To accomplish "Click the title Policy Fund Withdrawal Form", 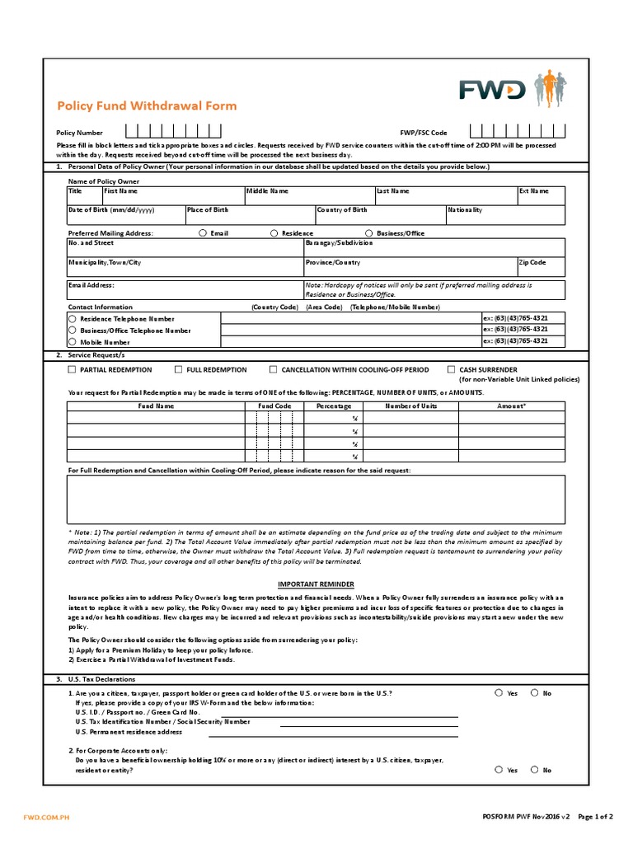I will tap(146, 105).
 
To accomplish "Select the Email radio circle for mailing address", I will tap(203, 233).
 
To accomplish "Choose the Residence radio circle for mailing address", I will tap(274, 233).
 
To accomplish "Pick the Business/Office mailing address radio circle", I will tap(369, 233).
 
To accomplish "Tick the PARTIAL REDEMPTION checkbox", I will tap(72, 370).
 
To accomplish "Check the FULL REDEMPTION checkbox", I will tap(179, 370).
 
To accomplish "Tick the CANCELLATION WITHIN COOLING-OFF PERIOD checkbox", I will tap(274, 370).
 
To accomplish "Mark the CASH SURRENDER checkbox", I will tap(451, 370).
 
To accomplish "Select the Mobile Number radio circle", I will tap(73, 341).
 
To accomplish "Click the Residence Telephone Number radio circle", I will tap(73, 318).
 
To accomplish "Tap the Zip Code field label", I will tap(532, 262).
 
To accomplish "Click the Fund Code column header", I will tap(274, 406).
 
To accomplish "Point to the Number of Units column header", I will tap(411, 406).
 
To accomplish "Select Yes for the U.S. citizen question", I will tap(499, 693).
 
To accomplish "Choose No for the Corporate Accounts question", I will tap(534, 769).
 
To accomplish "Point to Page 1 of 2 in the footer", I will tap(595, 817).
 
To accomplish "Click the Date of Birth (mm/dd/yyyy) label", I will tap(111, 210).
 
